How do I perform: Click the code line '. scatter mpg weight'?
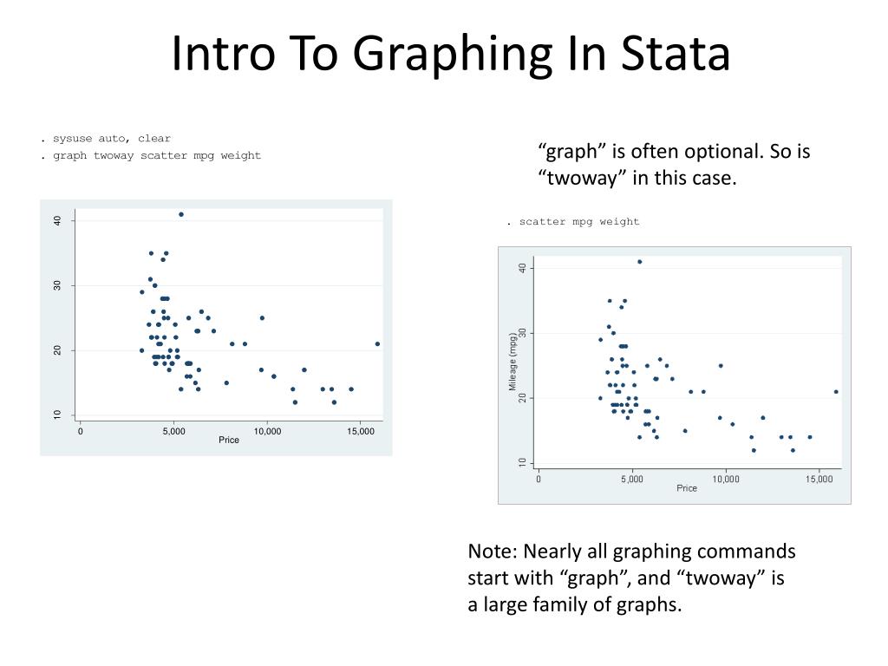[573, 222]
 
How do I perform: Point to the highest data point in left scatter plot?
[181, 214]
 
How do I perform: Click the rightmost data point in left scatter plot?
[377, 343]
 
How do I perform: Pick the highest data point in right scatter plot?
[639, 261]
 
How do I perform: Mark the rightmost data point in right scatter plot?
[836, 391]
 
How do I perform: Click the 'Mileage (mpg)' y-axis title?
[513, 364]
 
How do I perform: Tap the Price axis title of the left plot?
[229, 441]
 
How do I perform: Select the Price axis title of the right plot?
[687, 488]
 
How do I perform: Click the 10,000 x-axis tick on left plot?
[267, 430]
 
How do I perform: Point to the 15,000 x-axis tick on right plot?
[819, 478]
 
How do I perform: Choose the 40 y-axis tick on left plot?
[57, 221]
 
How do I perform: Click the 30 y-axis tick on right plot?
[523, 333]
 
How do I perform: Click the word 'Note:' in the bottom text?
[491, 552]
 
